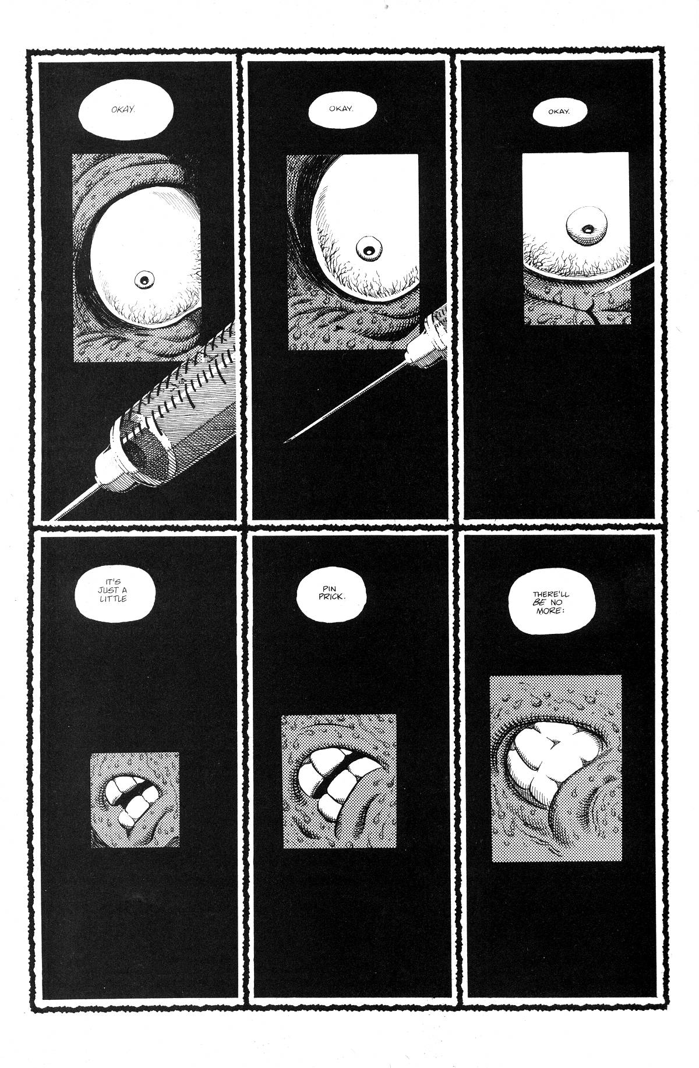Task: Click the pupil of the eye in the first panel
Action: coord(142,280)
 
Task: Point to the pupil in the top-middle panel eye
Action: coord(368,251)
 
